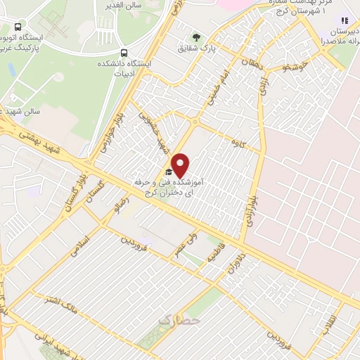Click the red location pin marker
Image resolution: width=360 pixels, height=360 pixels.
(181, 165)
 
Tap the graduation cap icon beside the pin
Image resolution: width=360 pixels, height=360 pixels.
(168, 172)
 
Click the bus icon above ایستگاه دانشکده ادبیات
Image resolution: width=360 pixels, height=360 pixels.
(124, 52)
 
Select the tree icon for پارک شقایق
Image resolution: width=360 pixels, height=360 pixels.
(197, 39)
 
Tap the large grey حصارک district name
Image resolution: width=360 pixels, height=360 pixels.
(179, 320)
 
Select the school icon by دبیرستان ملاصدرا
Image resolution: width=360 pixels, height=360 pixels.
(344, 23)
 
